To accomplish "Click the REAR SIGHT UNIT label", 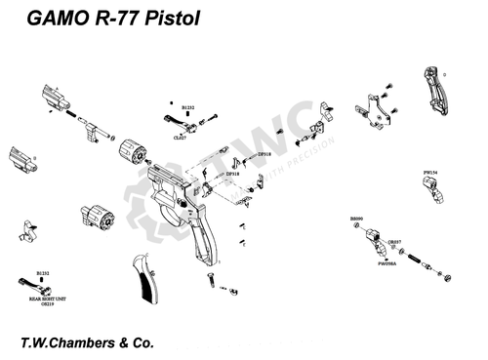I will pyautogui.click(x=45, y=300).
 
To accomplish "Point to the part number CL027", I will pyautogui.click(x=179, y=139).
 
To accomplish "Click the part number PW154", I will pyautogui.click(x=429, y=173).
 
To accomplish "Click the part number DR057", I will pyautogui.click(x=395, y=240).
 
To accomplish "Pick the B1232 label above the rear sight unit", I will pyautogui.click(x=43, y=273).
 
